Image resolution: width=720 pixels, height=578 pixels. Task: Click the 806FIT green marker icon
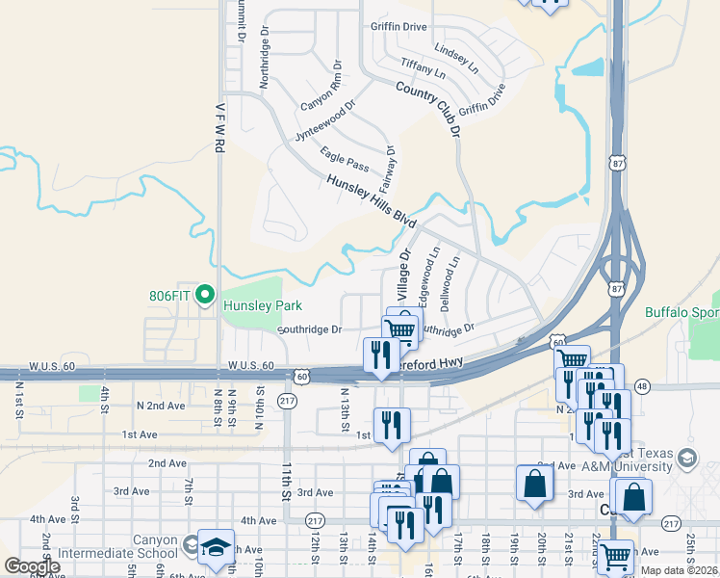point(204,295)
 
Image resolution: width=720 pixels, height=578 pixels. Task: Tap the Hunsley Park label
point(263,305)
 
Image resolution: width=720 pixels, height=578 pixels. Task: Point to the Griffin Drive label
point(398,27)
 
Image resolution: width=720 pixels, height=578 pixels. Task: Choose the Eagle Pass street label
point(345,158)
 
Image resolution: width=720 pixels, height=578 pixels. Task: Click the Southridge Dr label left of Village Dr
point(310,329)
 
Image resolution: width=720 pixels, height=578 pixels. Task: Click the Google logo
point(32,566)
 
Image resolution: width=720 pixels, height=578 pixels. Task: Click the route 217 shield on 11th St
point(287,400)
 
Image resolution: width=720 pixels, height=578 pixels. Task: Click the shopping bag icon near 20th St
point(534,485)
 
